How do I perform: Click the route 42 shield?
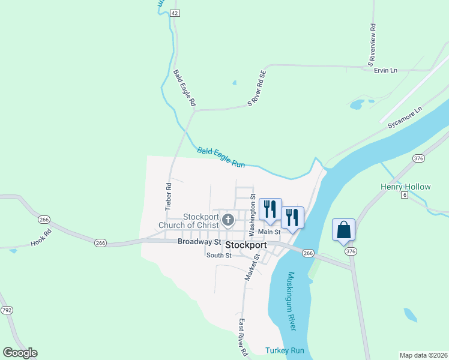click(x=175, y=13)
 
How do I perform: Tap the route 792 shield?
click(x=7, y=310)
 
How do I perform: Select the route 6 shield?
click(x=405, y=195)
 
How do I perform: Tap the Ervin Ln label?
click(x=385, y=71)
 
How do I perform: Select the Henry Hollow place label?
click(x=405, y=187)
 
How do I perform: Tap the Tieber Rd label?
click(x=169, y=196)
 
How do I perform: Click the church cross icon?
click(x=228, y=220)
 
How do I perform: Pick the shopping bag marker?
click(x=343, y=230)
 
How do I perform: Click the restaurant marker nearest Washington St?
click(x=270, y=209)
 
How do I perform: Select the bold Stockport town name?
click(x=246, y=245)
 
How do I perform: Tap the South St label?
click(x=219, y=256)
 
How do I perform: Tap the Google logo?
click(x=20, y=353)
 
